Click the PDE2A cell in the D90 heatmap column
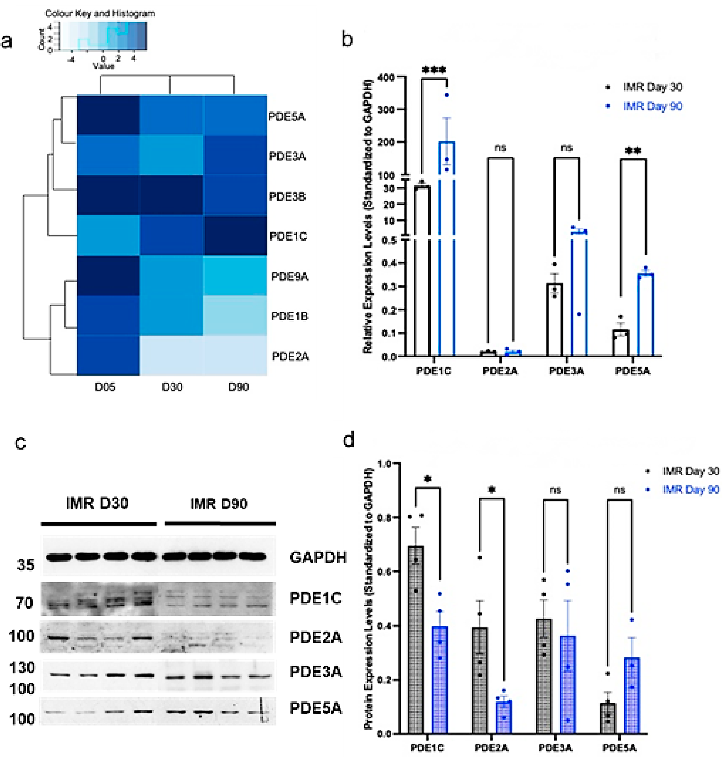tap(235, 355)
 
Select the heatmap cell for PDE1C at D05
tap(108, 235)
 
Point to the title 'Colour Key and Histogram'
tap(100, 13)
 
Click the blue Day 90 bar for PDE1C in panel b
tap(447, 247)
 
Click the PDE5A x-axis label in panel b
tap(632, 371)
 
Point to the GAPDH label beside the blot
tap(318, 557)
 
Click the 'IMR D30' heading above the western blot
tap(97, 503)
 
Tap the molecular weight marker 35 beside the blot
tap(25, 565)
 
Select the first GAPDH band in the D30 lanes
tap(59, 557)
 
